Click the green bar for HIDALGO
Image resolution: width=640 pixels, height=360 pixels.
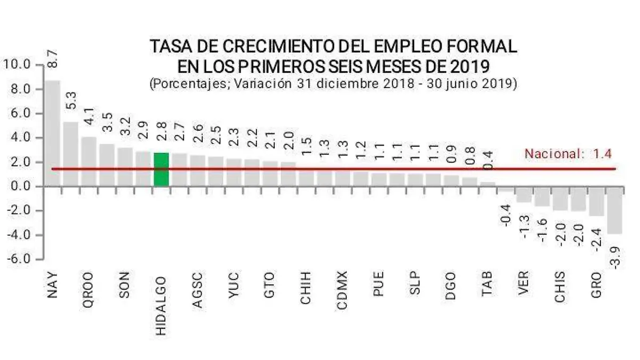click(161, 169)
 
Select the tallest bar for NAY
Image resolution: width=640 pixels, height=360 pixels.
click(52, 133)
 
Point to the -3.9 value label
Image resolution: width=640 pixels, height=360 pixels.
click(615, 258)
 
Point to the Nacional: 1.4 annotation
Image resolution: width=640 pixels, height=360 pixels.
click(567, 155)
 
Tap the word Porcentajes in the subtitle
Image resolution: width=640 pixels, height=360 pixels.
click(184, 84)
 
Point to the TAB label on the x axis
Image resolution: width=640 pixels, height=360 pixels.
click(487, 285)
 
